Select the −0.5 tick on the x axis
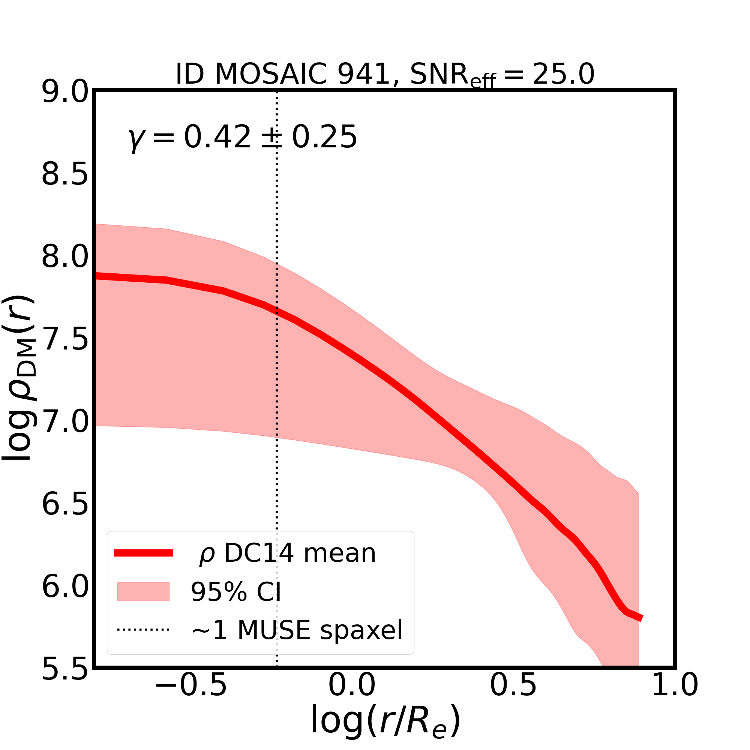(190, 696)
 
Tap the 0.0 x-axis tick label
(352, 696)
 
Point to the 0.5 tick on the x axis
(513, 696)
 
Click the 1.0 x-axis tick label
(675, 696)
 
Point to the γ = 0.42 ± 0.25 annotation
(242, 137)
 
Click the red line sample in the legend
(143, 553)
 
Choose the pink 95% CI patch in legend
(143, 592)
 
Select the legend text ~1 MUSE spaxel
(297, 630)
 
